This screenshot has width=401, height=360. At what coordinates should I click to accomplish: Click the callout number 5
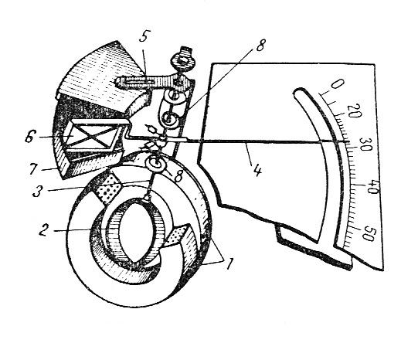point(143,37)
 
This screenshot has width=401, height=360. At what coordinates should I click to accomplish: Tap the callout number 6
point(29,138)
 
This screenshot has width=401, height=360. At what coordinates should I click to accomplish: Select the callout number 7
point(34,169)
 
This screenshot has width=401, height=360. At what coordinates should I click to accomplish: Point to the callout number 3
point(37,191)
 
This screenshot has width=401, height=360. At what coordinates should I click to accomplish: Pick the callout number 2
point(44,229)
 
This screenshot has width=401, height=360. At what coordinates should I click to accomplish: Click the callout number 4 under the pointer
point(257,170)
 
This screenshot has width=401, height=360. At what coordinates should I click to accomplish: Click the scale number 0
point(338,83)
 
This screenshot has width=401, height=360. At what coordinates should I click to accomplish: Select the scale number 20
point(354,110)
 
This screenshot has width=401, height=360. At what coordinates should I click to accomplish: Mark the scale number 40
point(372,188)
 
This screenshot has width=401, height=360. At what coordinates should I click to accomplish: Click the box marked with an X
point(92,137)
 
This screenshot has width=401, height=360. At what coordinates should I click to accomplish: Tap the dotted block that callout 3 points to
point(107,188)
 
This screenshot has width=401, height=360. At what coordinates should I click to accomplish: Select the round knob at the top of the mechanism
point(184,61)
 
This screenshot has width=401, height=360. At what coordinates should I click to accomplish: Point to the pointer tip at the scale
point(349,141)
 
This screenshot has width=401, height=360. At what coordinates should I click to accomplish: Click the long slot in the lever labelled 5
point(139,81)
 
